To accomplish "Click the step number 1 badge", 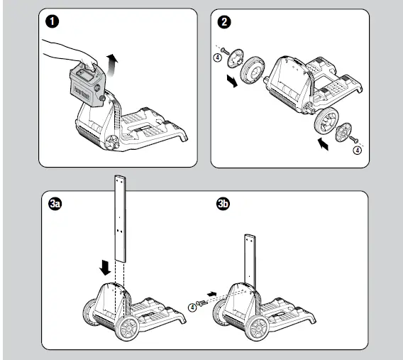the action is coord(53,21).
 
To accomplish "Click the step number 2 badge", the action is coord(224,22).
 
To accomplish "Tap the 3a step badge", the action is coord(55,204).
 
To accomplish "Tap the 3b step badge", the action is coord(223,204).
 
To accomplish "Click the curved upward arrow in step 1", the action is coord(111,65).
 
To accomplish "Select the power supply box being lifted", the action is coord(87,85).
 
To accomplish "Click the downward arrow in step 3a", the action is coord(105,268).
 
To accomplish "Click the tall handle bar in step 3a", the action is coord(120,219).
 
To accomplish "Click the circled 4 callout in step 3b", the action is coord(192,307).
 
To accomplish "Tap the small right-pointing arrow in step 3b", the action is coord(211,294).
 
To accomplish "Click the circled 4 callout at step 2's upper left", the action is coord(217,58).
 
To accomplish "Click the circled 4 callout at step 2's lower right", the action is coord(358,150).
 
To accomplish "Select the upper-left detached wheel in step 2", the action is coord(253,70).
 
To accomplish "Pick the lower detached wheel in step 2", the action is coord(326,121).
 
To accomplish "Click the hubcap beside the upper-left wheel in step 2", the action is coord(235,58).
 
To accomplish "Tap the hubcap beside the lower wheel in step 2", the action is coord(343,132).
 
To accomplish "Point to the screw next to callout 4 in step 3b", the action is coord(202,303).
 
